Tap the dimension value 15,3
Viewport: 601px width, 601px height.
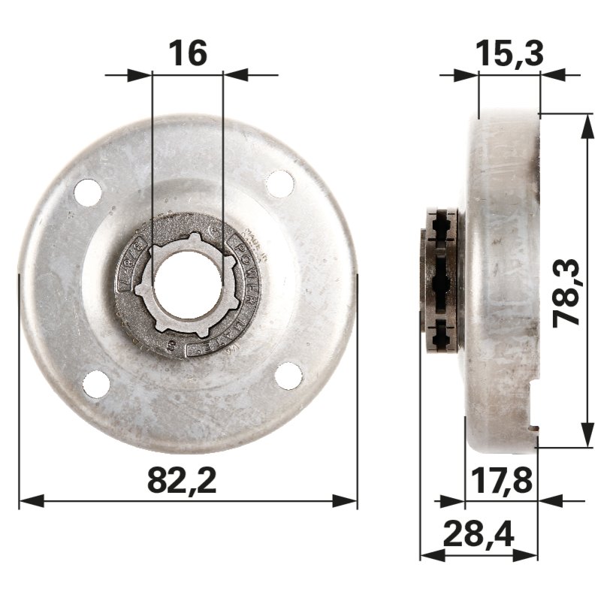[509, 54]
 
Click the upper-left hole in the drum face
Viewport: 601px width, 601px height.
[88, 192]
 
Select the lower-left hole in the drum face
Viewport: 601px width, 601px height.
[96, 384]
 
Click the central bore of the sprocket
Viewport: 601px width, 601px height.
[187, 282]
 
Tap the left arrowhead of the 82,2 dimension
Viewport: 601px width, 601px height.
[29, 501]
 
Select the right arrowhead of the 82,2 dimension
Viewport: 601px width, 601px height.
[347, 501]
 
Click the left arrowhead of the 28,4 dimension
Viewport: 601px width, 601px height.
[430, 556]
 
